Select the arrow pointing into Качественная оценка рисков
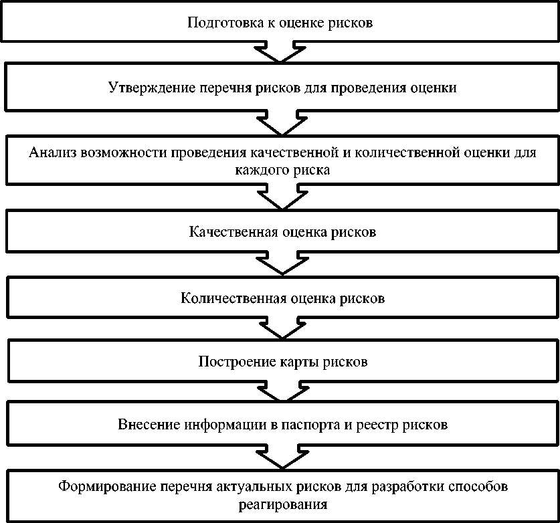280,200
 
